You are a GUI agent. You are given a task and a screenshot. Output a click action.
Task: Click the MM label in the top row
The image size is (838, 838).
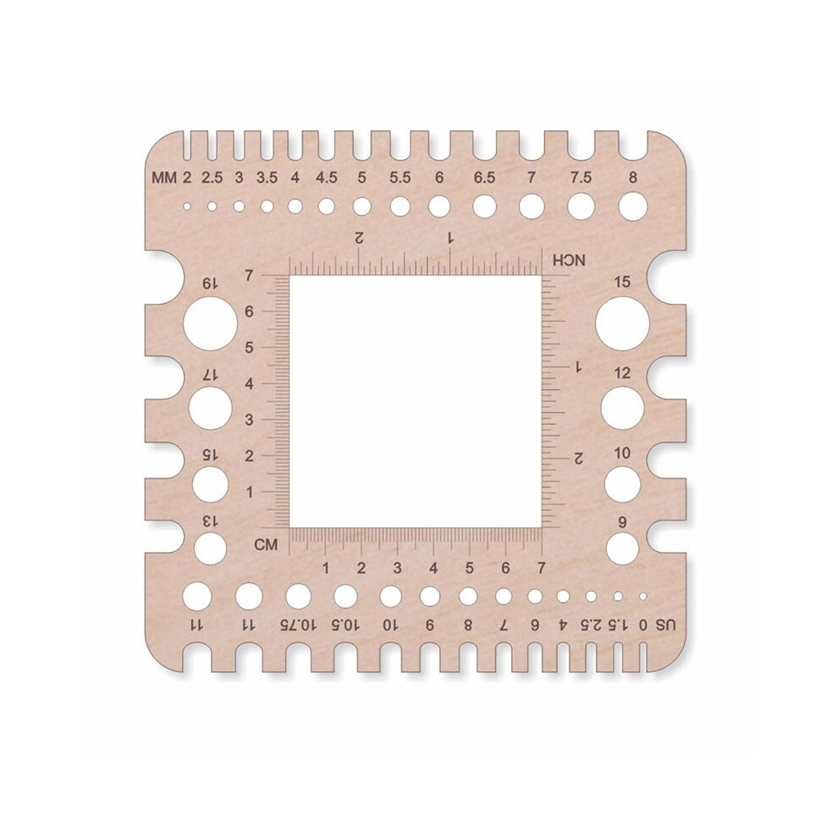click(x=164, y=178)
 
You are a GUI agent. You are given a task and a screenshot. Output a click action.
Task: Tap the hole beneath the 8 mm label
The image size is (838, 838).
click(x=633, y=207)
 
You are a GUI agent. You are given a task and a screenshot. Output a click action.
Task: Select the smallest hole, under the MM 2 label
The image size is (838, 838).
click(x=186, y=207)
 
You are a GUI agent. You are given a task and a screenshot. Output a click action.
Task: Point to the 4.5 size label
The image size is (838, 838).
click(x=326, y=178)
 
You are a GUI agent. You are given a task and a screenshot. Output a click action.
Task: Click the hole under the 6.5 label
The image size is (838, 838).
click(x=485, y=207)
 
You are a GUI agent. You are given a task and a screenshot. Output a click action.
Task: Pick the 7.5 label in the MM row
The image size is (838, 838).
click(x=581, y=178)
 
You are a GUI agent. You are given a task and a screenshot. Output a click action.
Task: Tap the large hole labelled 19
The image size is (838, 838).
click(x=210, y=323)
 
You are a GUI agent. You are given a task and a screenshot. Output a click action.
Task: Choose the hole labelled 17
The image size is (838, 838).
click(x=210, y=408)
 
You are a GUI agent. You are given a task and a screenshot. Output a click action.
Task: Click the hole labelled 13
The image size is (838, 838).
click(x=210, y=549)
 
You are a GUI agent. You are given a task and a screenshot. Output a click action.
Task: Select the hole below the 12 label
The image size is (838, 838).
click(x=623, y=408)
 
